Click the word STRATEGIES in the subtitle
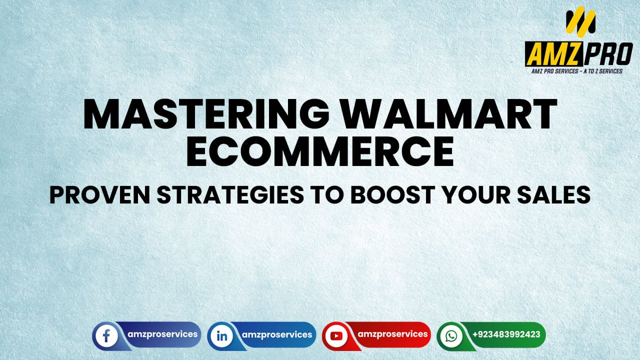coord(234,194)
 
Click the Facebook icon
coord(106,335)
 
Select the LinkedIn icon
coord(221,335)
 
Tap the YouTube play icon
coord(336,335)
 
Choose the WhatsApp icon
coord(451,335)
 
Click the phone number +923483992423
coord(506,334)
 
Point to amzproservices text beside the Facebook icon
coord(161,334)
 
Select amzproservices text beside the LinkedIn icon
coord(276,334)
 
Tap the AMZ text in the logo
coord(554,54)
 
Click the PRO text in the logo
coord(608,54)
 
